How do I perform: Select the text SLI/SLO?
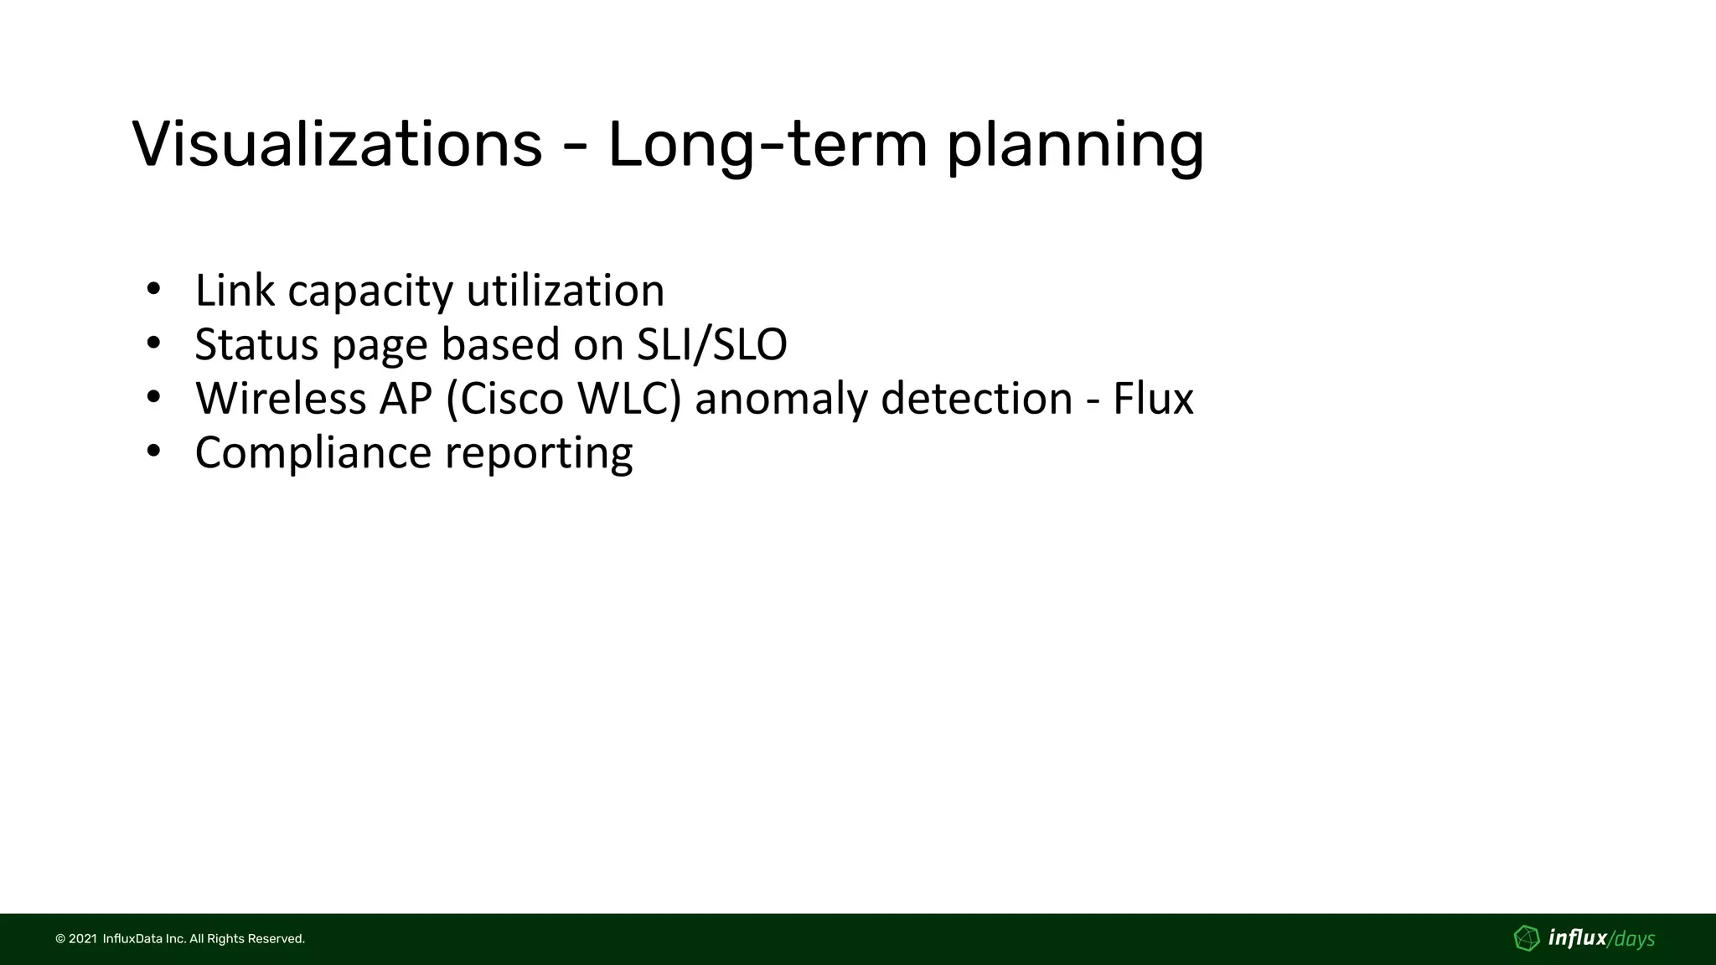711,344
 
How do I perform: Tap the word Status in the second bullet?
256,344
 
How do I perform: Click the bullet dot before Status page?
152,343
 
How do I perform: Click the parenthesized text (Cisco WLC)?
563,398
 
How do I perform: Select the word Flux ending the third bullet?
1152,398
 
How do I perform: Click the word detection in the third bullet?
976,398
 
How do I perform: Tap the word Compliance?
313,453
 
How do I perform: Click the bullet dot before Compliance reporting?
152,452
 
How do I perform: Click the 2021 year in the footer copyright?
82,939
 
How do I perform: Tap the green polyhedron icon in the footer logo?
1527,938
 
